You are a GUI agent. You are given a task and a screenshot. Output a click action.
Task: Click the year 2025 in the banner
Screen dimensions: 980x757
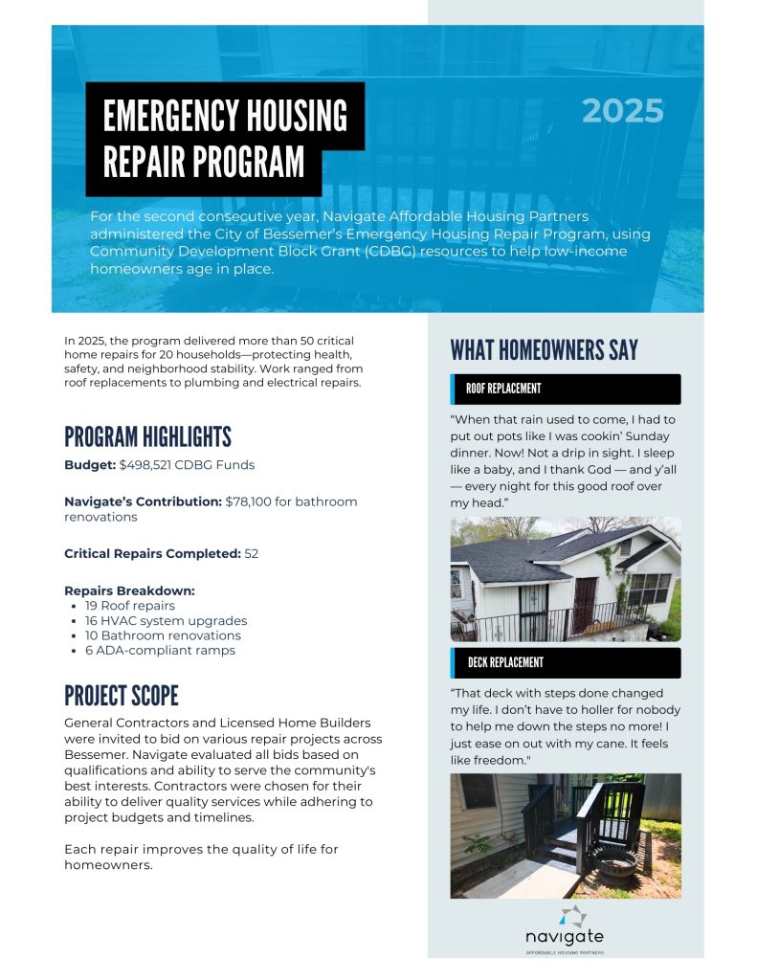coord(622,112)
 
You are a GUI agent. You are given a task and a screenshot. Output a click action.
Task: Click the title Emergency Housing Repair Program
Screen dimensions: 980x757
coord(225,139)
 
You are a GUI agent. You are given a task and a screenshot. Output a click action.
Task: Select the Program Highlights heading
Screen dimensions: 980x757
coord(147,437)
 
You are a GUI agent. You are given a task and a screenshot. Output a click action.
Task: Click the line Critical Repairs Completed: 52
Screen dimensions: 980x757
coord(161,553)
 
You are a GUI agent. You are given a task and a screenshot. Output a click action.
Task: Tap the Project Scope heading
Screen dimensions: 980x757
coord(122,696)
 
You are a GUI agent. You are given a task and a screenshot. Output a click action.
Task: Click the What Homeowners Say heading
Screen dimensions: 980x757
coord(544,350)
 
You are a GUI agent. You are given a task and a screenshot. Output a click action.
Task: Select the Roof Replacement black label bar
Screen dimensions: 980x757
coord(565,389)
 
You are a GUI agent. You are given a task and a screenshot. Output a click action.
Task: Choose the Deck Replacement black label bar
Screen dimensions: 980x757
coord(565,662)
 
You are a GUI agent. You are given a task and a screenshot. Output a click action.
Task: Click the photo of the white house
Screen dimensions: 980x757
coord(565,579)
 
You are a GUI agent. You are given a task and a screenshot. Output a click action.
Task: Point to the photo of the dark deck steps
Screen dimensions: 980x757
coord(565,835)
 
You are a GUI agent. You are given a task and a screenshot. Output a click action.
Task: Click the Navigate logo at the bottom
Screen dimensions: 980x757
coord(565,926)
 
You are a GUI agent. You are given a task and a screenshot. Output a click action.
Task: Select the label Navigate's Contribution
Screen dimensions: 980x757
coord(143,501)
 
